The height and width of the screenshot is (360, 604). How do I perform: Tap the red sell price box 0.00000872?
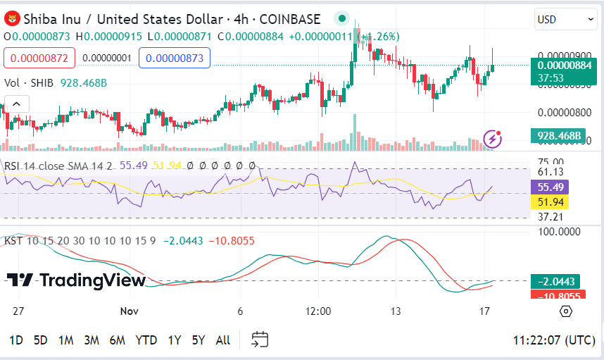39,57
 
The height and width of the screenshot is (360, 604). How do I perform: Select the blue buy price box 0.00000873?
175,57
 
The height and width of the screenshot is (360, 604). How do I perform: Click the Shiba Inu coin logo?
11,20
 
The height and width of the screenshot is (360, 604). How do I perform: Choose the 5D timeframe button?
41,340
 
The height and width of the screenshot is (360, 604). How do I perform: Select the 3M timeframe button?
92,340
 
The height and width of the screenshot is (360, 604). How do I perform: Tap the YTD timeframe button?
146,340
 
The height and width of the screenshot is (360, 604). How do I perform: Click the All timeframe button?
222,340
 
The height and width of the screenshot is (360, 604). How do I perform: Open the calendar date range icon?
260,340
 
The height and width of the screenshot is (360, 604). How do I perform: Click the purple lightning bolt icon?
493,139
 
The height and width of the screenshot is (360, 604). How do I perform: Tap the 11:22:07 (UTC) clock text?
554,340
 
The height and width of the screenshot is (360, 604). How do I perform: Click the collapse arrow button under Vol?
16,104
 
